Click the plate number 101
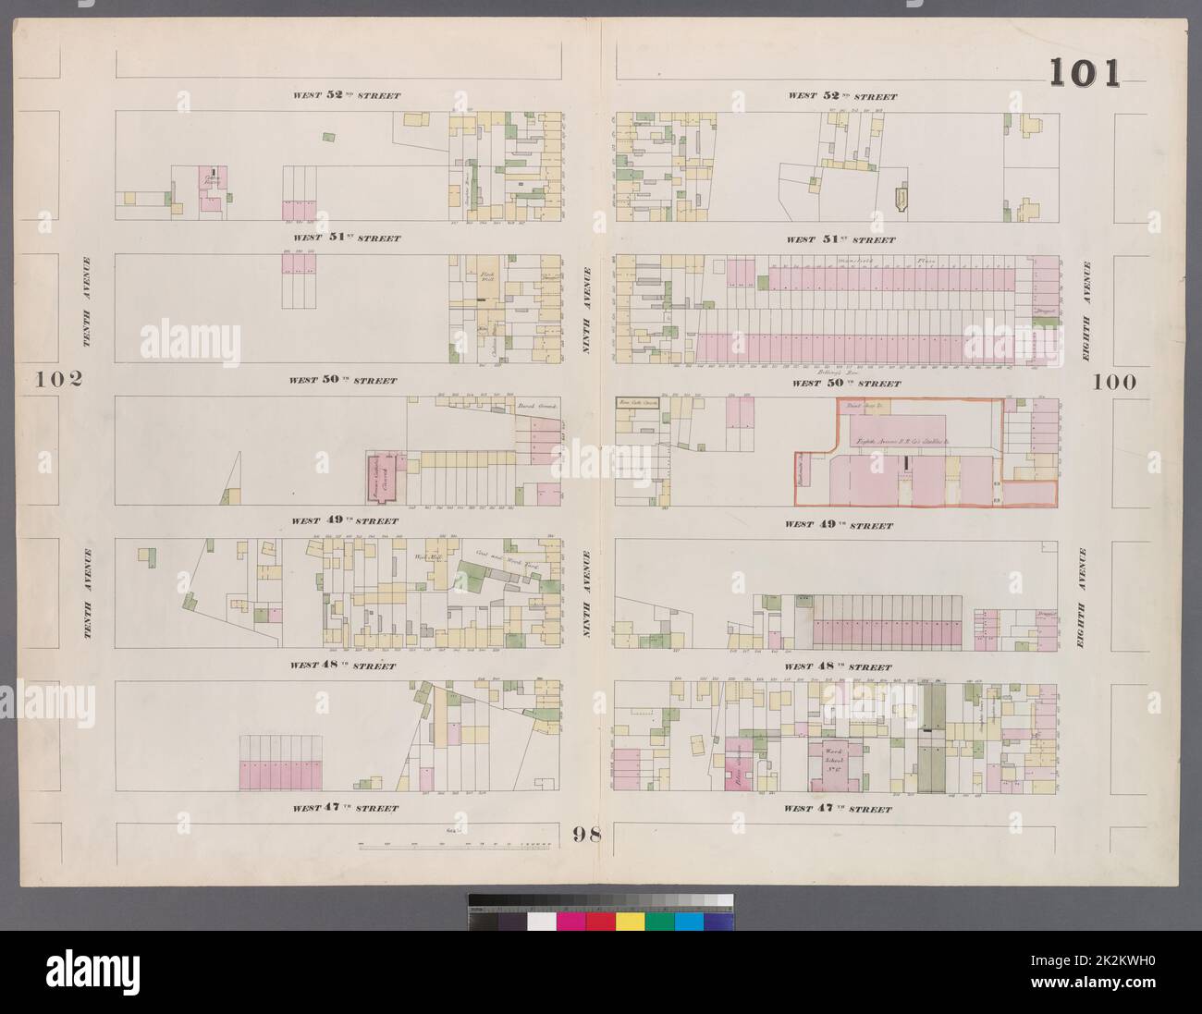point(1084,73)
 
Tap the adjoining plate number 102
point(59,379)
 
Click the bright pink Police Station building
point(740,763)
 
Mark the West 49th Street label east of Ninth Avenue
point(839,525)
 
